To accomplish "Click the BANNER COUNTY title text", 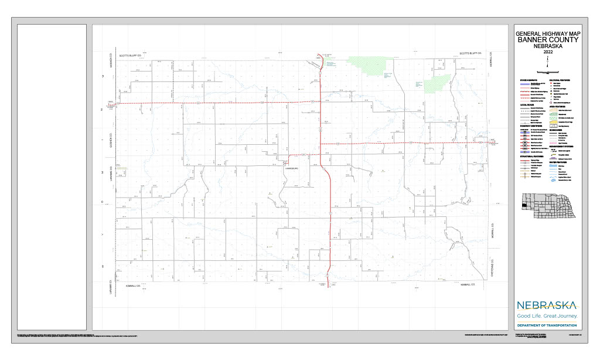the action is tap(547, 40).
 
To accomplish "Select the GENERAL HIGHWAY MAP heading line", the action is tap(547, 34).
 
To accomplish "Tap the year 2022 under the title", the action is tap(547, 53).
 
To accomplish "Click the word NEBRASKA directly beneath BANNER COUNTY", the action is tap(547, 47).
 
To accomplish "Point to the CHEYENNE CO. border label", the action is tap(493, 267).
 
